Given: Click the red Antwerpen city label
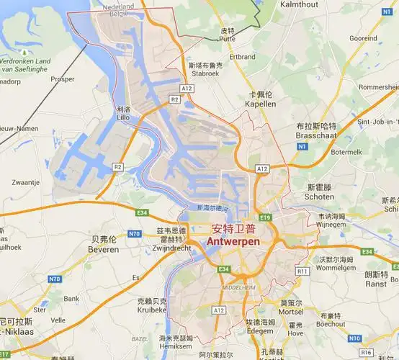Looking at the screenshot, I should coord(233,243).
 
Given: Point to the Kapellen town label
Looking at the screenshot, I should coord(261,104).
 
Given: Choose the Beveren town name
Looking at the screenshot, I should coord(104,249).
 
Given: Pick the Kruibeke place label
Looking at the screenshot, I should coord(153,310).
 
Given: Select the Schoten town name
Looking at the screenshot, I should coord(319,196).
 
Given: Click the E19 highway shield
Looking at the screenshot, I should coord(266,217).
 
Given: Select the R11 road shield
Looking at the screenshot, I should coord(302,271).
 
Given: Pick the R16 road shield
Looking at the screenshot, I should coord(366,353).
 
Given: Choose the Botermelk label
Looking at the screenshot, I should coord(346,153).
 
